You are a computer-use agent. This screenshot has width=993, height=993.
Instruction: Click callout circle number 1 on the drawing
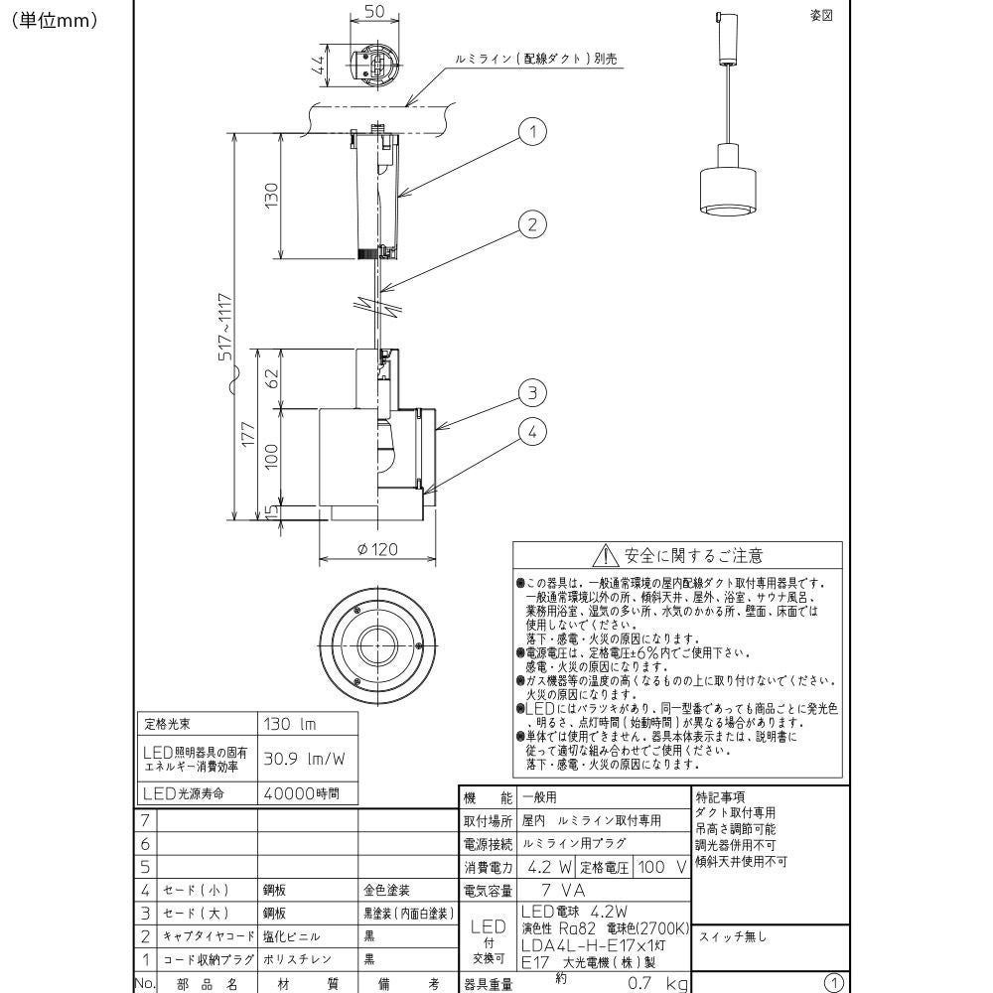point(533,132)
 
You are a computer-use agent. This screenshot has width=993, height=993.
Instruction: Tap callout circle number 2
point(533,224)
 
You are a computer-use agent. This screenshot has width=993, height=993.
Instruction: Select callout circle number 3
point(533,394)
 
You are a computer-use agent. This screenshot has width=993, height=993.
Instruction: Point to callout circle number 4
point(533,432)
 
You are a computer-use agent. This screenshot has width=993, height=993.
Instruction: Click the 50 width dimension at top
point(375,11)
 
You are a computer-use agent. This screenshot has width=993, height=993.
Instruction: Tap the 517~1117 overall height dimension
point(226,328)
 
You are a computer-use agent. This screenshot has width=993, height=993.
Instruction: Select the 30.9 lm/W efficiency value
point(304,759)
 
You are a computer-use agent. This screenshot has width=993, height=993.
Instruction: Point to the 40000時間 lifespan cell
point(301,793)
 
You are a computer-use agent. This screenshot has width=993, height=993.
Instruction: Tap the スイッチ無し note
point(734,936)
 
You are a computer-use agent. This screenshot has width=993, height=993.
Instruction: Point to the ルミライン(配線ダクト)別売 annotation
point(535,59)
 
